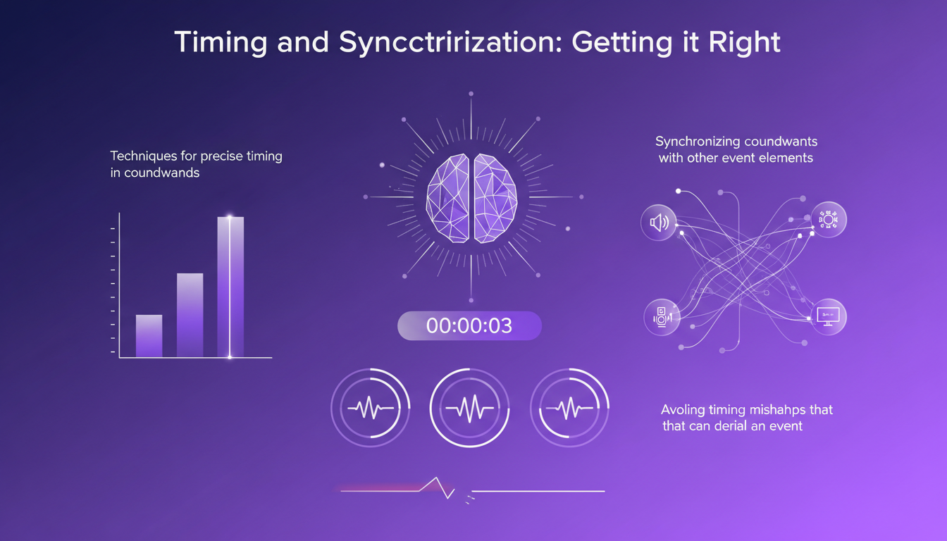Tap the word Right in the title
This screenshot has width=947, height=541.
[x=746, y=42]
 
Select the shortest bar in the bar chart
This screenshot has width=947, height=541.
[x=149, y=336]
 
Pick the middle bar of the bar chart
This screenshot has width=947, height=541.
[x=190, y=315]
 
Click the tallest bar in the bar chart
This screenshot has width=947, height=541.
[x=230, y=287]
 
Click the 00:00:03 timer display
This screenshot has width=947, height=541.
[x=469, y=326]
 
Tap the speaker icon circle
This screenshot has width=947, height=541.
[x=658, y=223]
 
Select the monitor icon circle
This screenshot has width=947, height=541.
[x=828, y=316]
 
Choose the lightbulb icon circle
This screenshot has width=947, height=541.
[x=828, y=220]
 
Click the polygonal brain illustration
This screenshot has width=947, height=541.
[x=471, y=198]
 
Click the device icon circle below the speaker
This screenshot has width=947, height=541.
[x=662, y=316]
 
